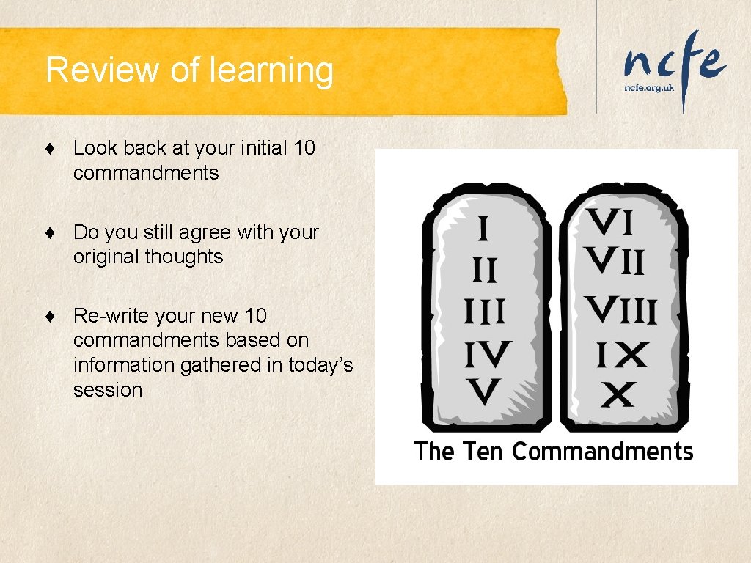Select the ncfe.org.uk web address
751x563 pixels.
tap(648, 87)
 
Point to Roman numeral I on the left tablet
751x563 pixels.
tap(483, 229)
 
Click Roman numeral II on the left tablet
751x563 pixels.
tap(483, 271)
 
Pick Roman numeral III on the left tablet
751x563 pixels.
tap(484, 313)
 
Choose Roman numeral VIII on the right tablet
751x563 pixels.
tap(620, 311)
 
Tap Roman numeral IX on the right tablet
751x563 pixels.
tap(621, 356)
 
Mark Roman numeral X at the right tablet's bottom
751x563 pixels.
tap(618, 397)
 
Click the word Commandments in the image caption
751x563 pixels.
tap(602, 451)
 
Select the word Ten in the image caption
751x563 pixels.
tap(483, 451)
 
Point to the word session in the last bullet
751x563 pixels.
tap(107, 390)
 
